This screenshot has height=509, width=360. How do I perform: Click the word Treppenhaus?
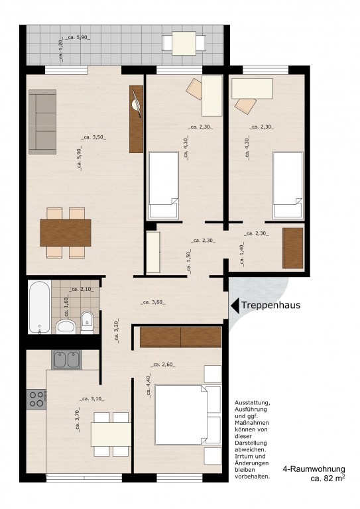pos(270,305)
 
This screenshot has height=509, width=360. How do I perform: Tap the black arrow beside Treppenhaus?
pos(235,306)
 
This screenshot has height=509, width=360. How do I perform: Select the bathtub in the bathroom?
pos(39,307)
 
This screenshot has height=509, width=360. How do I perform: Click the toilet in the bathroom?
pos(87,322)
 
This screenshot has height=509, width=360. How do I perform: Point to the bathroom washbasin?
pos(66,327)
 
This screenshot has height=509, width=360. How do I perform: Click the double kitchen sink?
pos(66,360)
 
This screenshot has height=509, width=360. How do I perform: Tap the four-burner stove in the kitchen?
pos(36,399)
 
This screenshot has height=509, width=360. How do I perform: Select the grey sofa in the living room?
pos(42,122)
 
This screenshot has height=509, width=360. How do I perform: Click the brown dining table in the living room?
pos(66,233)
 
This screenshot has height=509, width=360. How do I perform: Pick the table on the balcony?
pos(184,43)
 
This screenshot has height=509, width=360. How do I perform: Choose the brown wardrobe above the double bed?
pos(180,337)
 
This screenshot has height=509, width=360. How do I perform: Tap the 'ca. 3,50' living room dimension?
pos(93,137)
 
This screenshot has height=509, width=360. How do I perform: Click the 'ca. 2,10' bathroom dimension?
pos(81,289)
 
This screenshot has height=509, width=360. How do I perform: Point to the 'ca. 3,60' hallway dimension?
pos(153,302)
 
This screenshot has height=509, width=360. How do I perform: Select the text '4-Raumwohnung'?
pos(314,469)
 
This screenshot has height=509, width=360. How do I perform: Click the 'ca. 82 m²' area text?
pos(328,478)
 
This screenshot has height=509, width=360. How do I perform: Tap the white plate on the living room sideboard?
pos(136,105)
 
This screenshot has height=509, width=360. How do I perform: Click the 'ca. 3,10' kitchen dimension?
pos(93,398)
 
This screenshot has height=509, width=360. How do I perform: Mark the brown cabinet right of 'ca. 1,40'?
pos(293,249)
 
